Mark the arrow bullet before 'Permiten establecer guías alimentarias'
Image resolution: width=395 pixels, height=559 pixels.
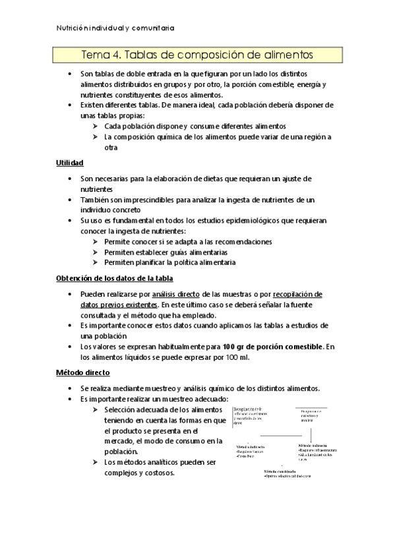pos(97,252)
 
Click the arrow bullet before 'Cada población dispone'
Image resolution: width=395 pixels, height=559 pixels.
pos(97,126)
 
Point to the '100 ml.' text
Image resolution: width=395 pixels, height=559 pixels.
pos(237,357)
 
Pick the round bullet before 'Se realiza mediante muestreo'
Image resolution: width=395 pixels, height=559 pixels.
pos(70,388)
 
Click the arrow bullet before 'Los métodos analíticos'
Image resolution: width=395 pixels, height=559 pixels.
pos(97,462)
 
